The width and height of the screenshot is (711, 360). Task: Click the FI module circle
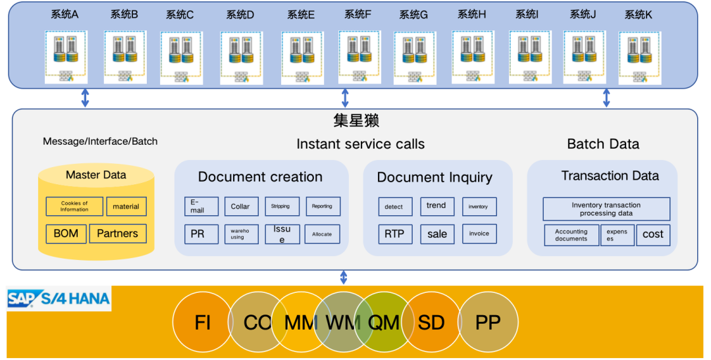pos(202,322)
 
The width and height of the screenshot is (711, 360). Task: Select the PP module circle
pos(488,322)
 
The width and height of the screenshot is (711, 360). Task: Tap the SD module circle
pos(431,322)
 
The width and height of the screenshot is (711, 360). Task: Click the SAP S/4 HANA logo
pos(59,299)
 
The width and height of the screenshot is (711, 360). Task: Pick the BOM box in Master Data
pos(66,234)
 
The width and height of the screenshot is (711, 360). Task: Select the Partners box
pos(118,234)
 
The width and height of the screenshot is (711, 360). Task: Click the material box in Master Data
pos(126,207)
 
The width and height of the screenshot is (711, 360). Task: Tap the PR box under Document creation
pos(201,234)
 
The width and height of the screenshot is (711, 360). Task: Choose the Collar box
pos(241,207)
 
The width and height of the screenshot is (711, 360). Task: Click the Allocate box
pos(323,234)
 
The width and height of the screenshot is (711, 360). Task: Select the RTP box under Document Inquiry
pos(395,234)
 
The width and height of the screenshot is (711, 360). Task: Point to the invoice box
pos(479,234)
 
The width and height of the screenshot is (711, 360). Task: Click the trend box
pos(437,206)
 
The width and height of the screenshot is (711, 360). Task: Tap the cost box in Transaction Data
pos(653,235)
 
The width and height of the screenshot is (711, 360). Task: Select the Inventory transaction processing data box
pos(606,209)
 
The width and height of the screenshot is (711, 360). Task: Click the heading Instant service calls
pos(361,144)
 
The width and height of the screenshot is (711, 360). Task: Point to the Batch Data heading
pos(603,144)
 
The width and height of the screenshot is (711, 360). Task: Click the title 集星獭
pos(356,121)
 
